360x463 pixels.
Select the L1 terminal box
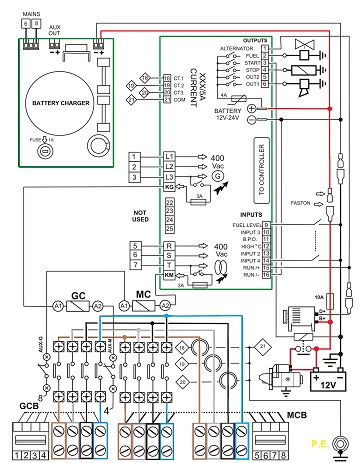[169, 156]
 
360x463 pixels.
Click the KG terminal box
[169, 187]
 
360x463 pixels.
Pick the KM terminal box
[169, 274]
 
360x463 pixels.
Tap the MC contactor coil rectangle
[143, 305]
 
